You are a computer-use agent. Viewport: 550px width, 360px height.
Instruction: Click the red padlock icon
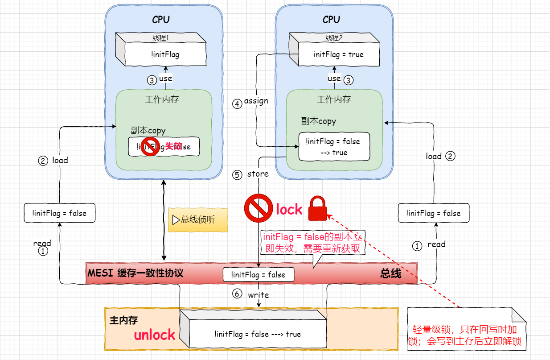click(x=318, y=208)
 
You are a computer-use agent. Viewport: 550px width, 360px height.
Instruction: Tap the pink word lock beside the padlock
click(x=289, y=209)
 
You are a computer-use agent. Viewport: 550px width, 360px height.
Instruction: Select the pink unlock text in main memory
click(x=155, y=335)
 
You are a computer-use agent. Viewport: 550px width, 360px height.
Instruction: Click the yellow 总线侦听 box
click(x=198, y=220)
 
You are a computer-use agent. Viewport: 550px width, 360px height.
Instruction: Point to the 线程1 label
click(x=161, y=38)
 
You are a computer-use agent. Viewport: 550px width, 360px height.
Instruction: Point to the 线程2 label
click(x=334, y=38)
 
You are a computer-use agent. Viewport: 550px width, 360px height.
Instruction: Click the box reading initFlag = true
click(x=338, y=55)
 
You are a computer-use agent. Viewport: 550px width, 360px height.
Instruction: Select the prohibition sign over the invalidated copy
click(x=150, y=147)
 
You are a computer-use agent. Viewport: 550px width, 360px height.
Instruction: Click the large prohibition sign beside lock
click(x=258, y=209)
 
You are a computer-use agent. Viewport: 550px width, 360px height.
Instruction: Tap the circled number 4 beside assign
click(x=237, y=103)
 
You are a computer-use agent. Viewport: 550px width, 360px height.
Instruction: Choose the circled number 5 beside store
click(x=237, y=175)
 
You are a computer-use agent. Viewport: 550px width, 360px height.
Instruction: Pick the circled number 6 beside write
click(x=237, y=294)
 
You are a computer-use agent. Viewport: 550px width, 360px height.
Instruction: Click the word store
click(x=258, y=174)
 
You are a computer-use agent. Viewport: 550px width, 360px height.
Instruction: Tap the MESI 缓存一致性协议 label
click(x=135, y=273)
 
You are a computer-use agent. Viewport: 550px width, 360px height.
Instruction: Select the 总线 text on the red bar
click(x=390, y=273)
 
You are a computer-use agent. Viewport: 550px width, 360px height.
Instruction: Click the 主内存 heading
click(x=123, y=320)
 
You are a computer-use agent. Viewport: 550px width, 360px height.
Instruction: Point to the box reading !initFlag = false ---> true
click(x=257, y=334)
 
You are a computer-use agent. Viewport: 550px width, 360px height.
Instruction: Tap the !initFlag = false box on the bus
click(x=259, y=275)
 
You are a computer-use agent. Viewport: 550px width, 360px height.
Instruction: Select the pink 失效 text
click(x=173, y=146)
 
